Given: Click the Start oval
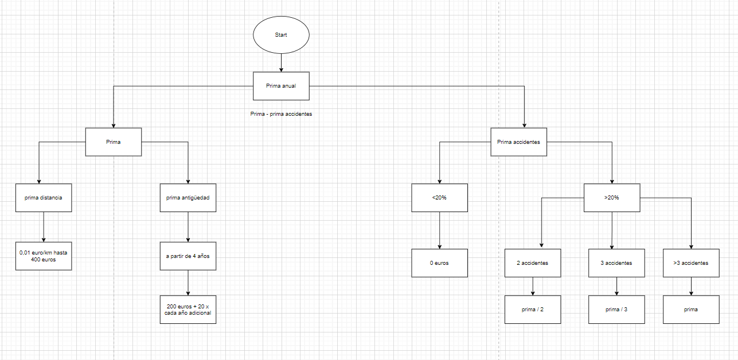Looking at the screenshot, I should point(281,35).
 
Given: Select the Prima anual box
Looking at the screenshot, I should point(281,86).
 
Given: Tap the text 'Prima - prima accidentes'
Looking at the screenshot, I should point(281,114).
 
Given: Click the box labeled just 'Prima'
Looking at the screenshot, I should point(113,142).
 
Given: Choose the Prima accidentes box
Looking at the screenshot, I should point(518,142).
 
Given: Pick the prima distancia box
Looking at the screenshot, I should point(44,198).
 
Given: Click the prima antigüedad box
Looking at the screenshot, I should point(188,198).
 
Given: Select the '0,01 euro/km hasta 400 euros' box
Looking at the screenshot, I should point(44,256).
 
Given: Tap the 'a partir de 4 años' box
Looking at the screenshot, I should point(188,256).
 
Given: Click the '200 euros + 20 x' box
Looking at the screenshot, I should point(188,310).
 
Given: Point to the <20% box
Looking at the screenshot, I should point(439,198).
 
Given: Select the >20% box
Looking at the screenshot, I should point(612,198).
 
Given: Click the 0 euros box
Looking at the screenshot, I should point(439,263).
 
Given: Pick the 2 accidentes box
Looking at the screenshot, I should point(533,263).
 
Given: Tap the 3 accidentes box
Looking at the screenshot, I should point(616,263).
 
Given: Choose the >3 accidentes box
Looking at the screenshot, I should point(690,263).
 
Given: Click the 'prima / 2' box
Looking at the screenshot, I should point(533,310).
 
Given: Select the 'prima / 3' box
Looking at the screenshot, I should point(616,310).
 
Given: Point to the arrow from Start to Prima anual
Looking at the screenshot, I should point(281,62).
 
